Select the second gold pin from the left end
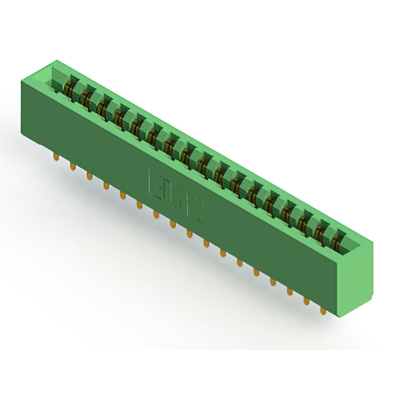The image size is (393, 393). coord(72,167)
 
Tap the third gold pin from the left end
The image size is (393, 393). coord(89,176)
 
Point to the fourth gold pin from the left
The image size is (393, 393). coord(106,185)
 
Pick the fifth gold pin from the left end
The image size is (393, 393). coord(122,195)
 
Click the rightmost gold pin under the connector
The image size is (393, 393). coord(323,311)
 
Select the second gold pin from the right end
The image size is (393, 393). coord(306,301)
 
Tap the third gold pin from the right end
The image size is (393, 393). coord(289,291)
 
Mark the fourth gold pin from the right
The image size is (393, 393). coord(273,282)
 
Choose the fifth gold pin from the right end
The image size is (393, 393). coord(256,272)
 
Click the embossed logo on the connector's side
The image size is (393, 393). coord(177,197)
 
